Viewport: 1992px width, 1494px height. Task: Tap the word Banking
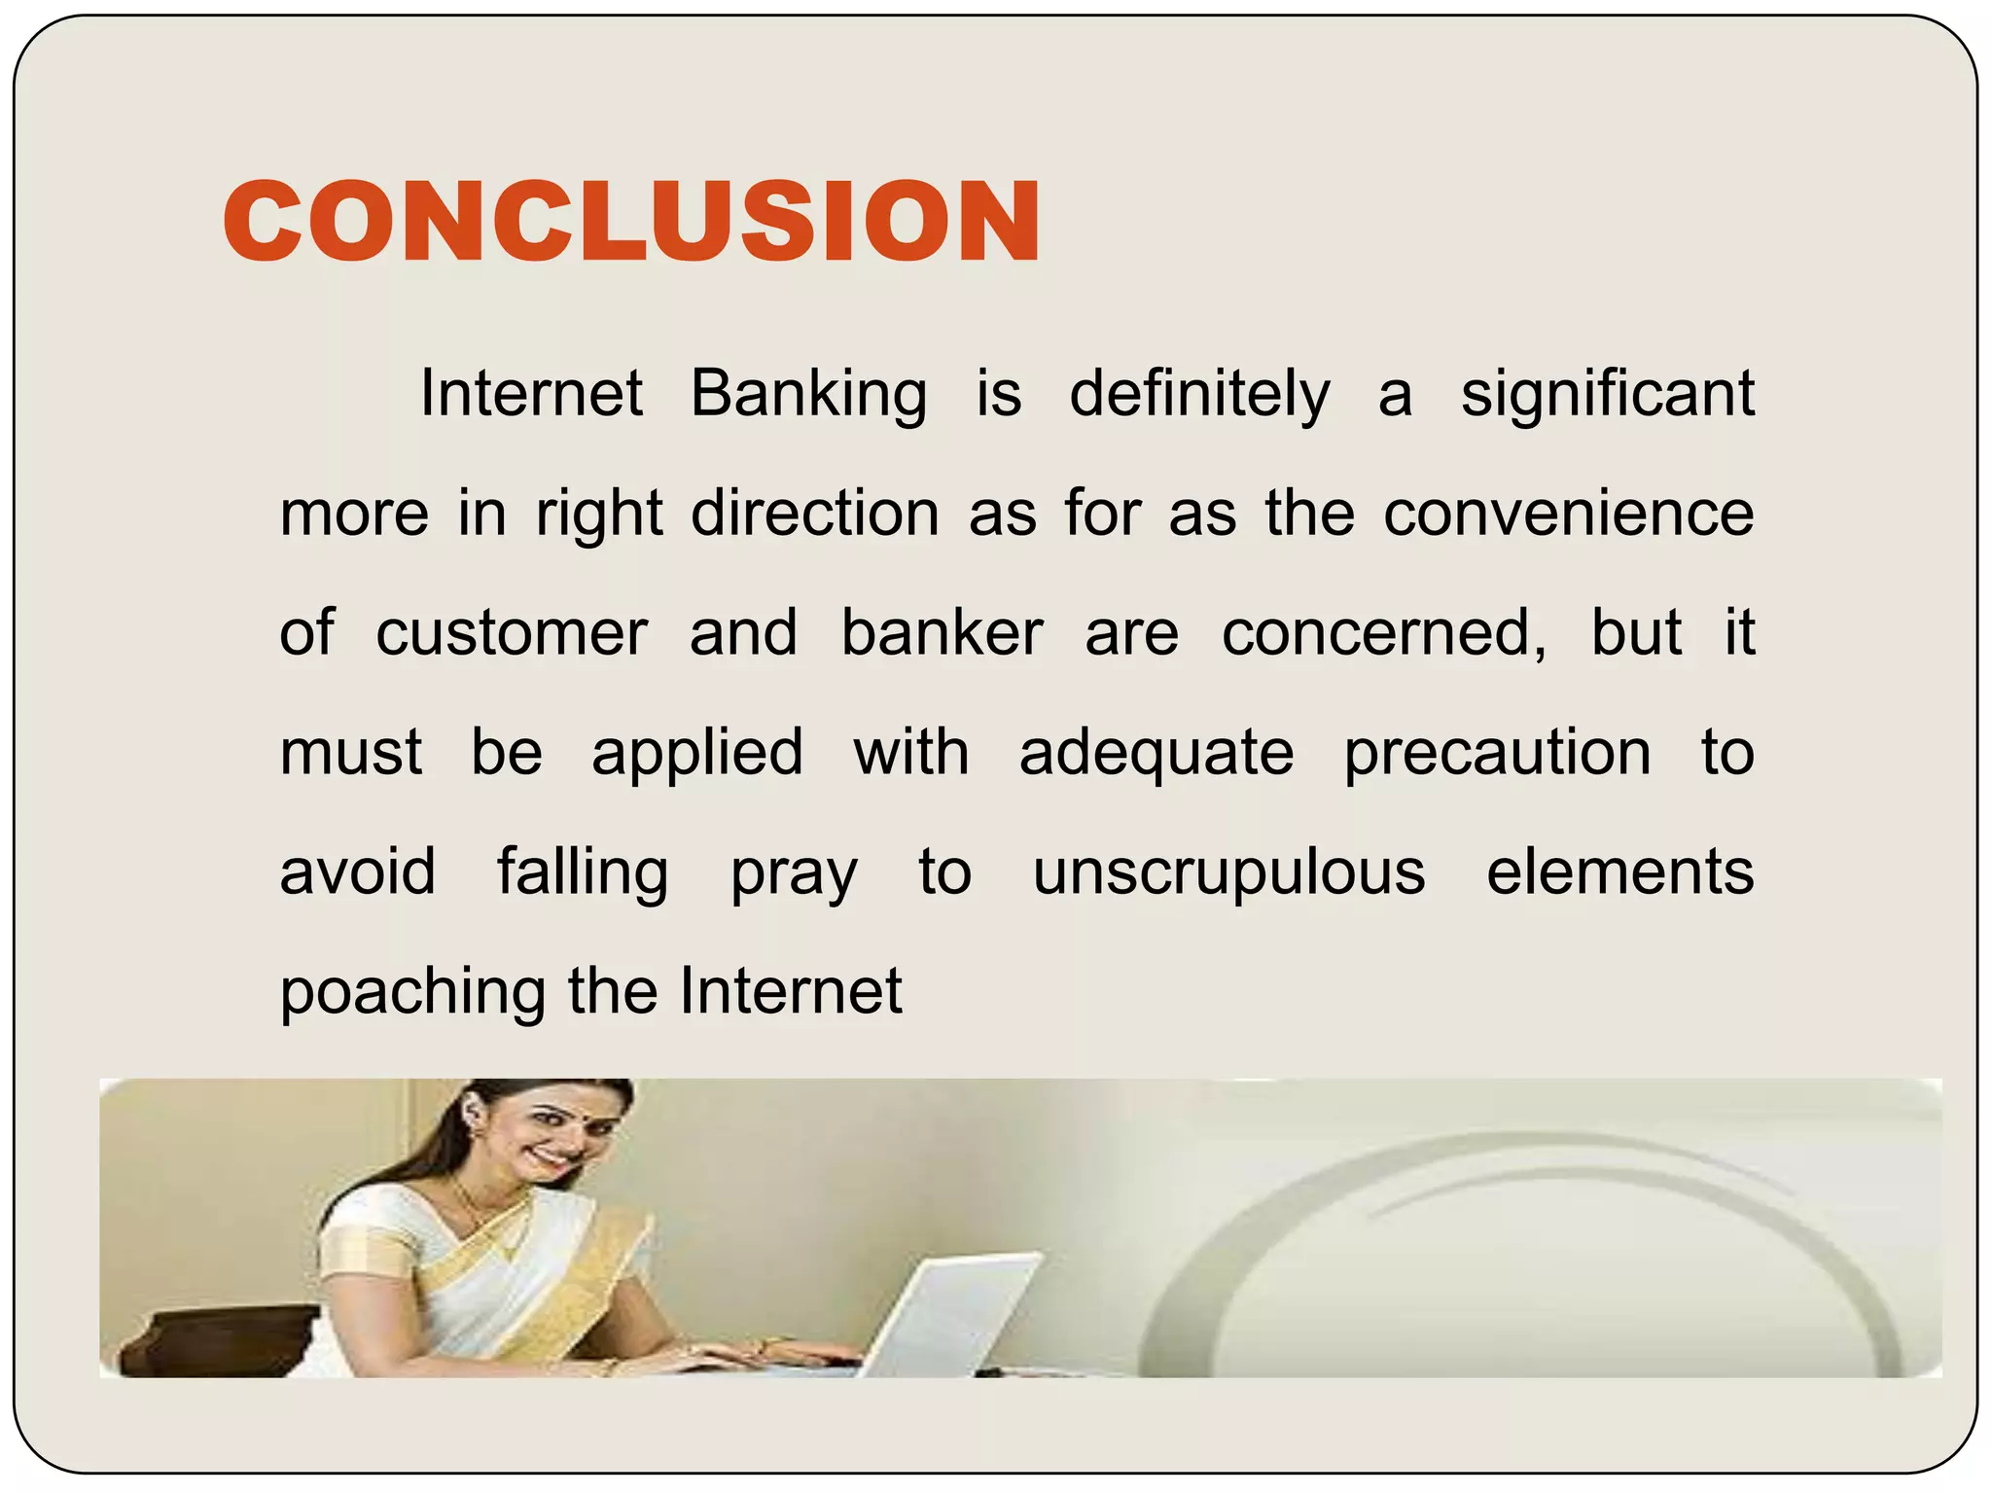(808, 395)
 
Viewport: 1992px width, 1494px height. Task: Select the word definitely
(1199, 395)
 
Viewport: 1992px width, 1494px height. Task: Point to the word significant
(1608, 395)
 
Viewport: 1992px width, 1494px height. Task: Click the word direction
(815, 514)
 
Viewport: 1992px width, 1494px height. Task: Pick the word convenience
(1569, 514)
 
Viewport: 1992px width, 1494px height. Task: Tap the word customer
(512, 633)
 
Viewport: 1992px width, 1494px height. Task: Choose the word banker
(942, 633)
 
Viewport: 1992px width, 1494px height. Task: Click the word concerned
(1383, 633)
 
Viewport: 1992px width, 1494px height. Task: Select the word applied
(697, 754)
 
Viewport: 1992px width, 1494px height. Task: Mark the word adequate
(1156, 754)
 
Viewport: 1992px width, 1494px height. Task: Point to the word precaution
(1497, 754)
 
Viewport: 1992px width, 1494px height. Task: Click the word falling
(583, 872)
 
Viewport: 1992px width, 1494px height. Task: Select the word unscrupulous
(1228, 872)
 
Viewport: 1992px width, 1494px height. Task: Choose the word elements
(1620, 872)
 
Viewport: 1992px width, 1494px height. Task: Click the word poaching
(413, 992)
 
